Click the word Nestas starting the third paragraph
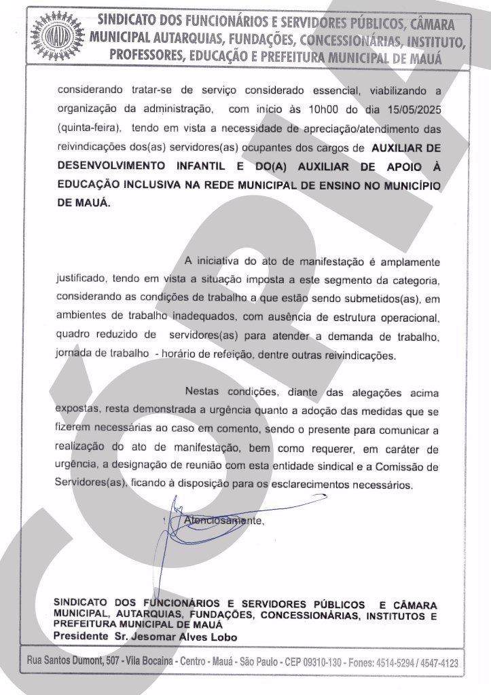coord(203,392)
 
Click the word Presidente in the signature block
coord(80,637)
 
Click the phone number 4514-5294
coord(392,662)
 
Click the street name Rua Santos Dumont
coord(65,662)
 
